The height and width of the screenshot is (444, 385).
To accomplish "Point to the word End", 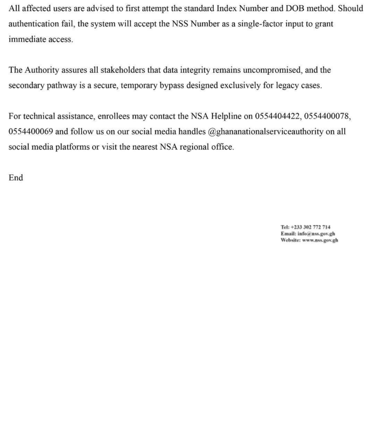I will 16,177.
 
